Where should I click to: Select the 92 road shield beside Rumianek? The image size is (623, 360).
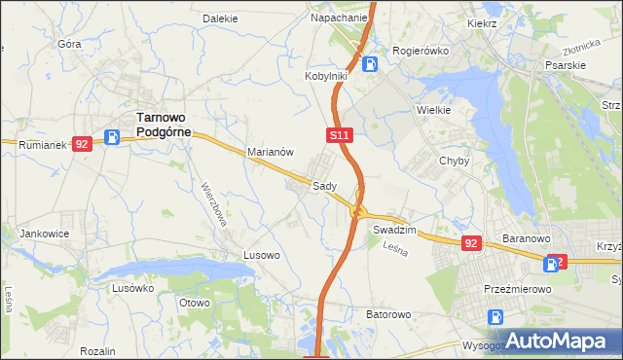point(82,143)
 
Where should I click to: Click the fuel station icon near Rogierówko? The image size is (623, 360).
point(370,64)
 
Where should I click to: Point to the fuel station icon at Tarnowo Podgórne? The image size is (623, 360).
point(113,138)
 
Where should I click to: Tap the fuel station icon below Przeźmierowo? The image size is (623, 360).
point(495,316)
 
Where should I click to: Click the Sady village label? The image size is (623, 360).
point(324,186)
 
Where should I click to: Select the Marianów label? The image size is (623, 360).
point(271,153)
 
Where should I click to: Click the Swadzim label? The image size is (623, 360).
point(394,230)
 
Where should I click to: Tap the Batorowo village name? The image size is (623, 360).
point(388,315)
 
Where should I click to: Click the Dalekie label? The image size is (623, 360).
point(220,18)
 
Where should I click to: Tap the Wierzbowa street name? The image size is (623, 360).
point(214,203)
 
